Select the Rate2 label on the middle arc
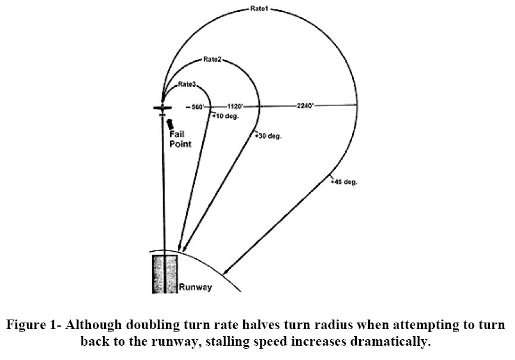(212, 60)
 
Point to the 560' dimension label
(199, 107)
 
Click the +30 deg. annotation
(268, 136)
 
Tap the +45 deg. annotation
(344, 181)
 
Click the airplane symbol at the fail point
(162, 108)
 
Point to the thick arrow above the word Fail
(171, 123)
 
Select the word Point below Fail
(181, 144)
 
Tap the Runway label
(196, 287)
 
